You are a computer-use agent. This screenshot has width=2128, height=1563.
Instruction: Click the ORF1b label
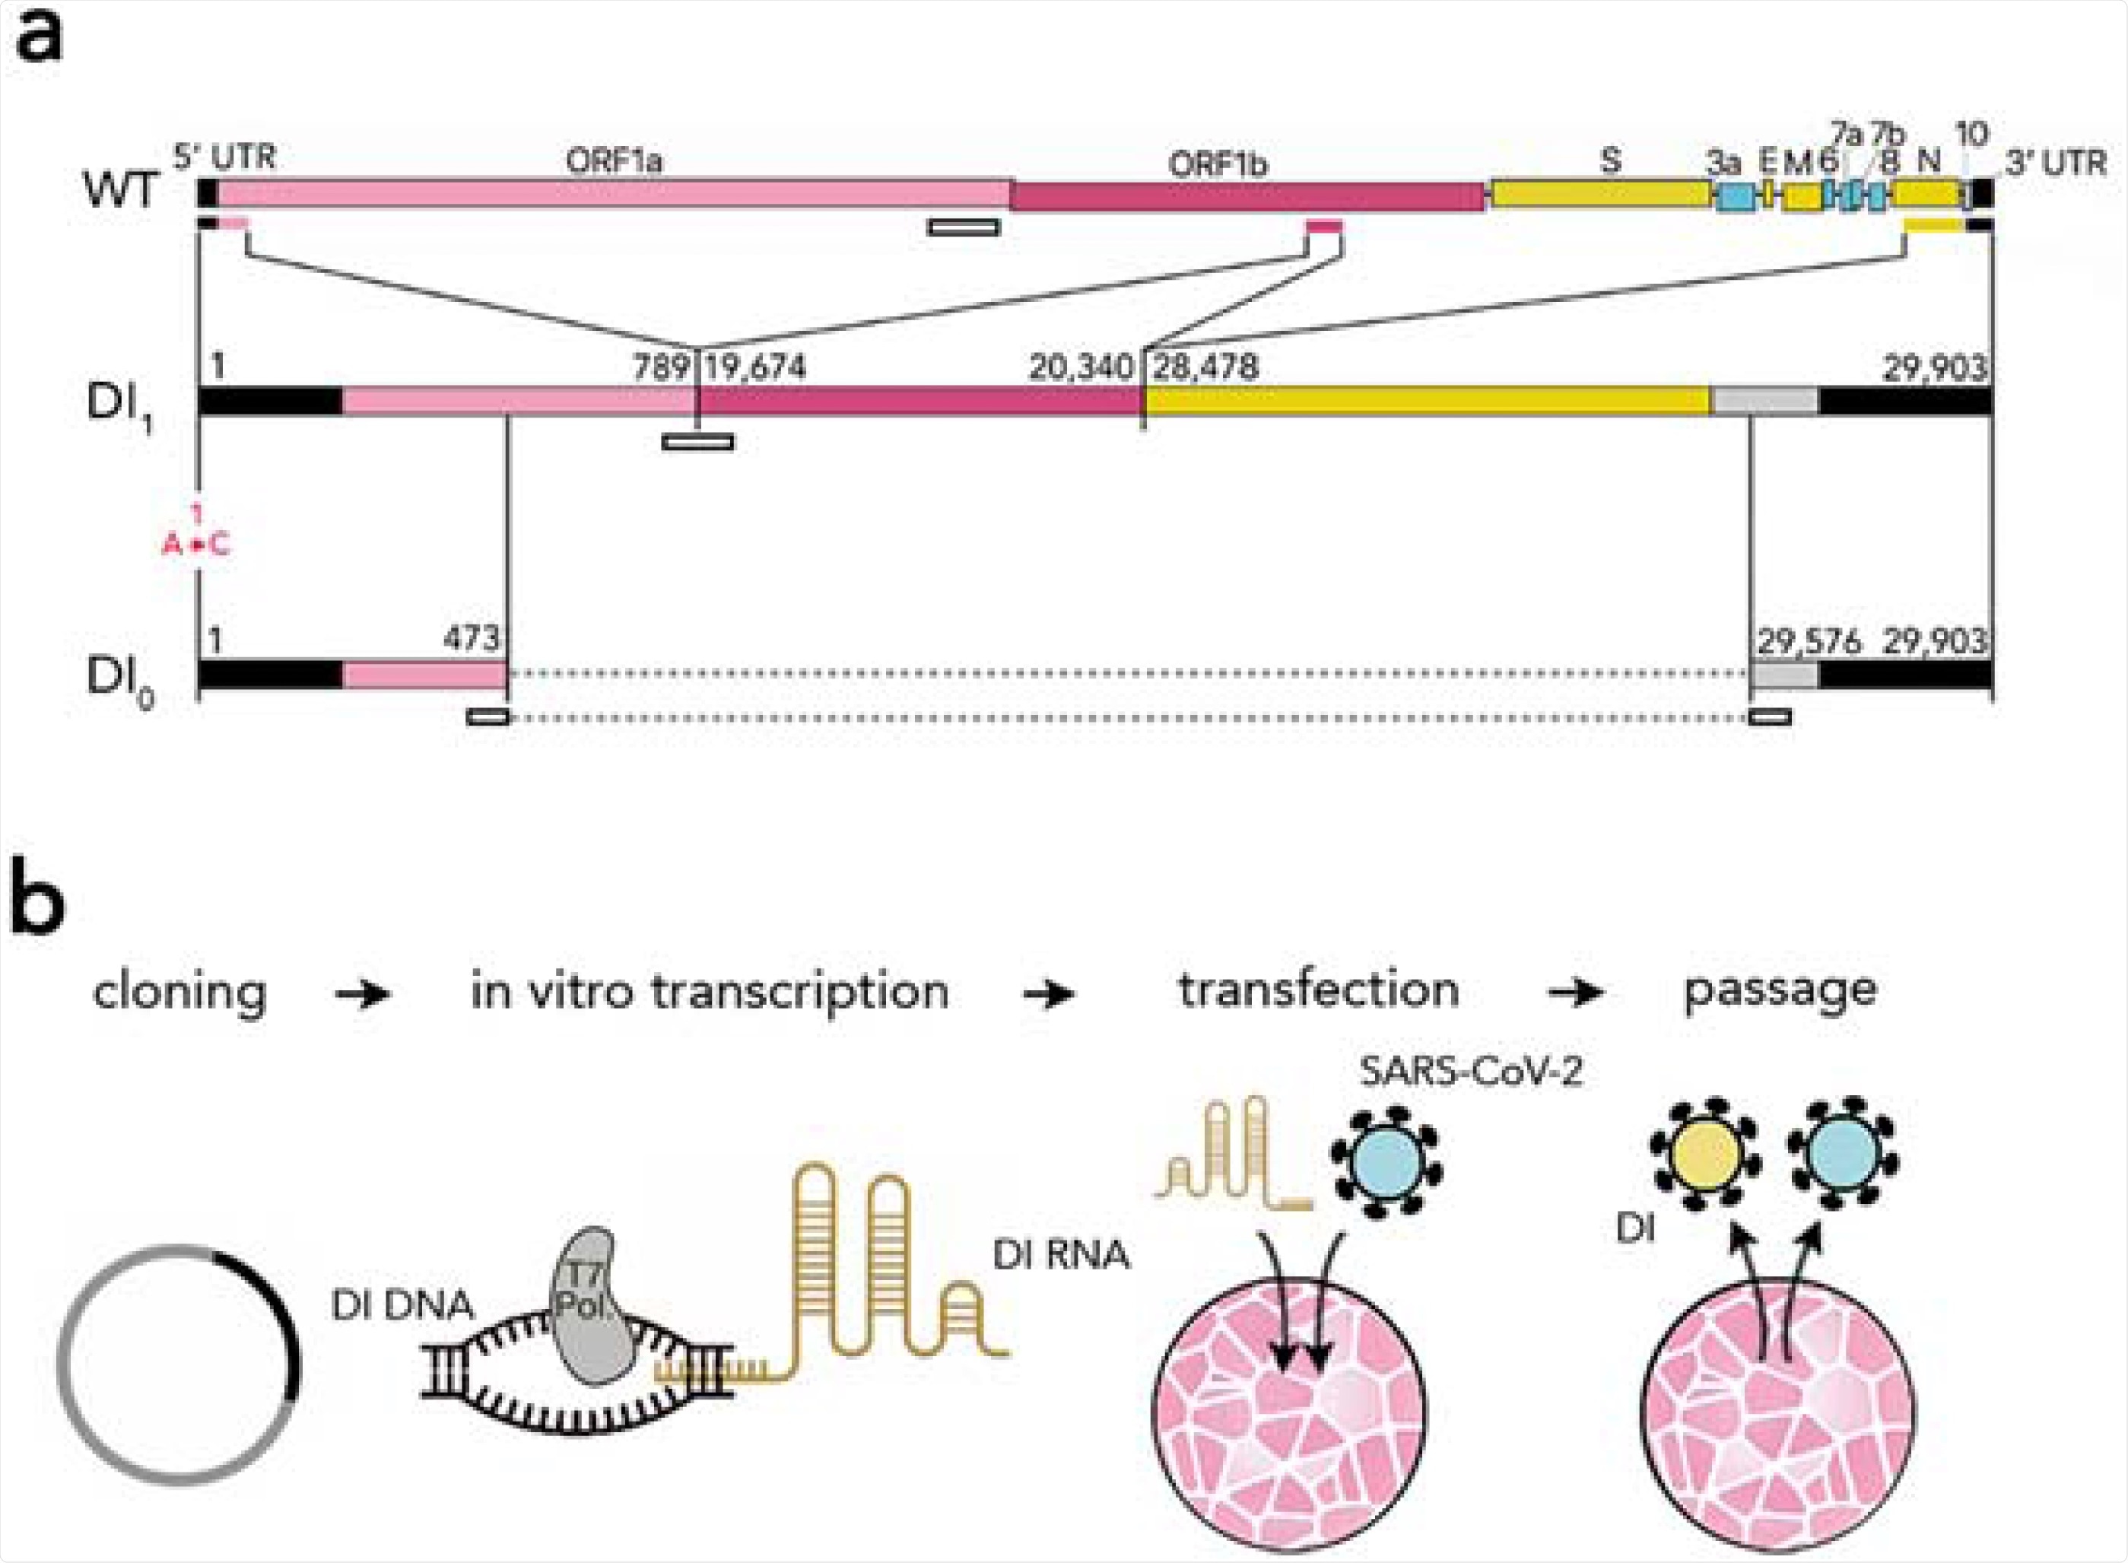1217,164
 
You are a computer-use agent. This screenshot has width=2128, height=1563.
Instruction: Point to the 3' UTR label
2055,163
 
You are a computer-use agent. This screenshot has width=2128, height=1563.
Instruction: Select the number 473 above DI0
472,639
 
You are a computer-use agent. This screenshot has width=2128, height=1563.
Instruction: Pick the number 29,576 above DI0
1808,641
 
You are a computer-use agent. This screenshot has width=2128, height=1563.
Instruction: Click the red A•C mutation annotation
196,544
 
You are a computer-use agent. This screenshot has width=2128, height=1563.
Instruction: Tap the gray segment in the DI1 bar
1764,401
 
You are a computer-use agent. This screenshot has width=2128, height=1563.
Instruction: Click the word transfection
1318,990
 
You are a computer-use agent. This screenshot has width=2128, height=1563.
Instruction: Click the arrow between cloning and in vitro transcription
364,994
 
